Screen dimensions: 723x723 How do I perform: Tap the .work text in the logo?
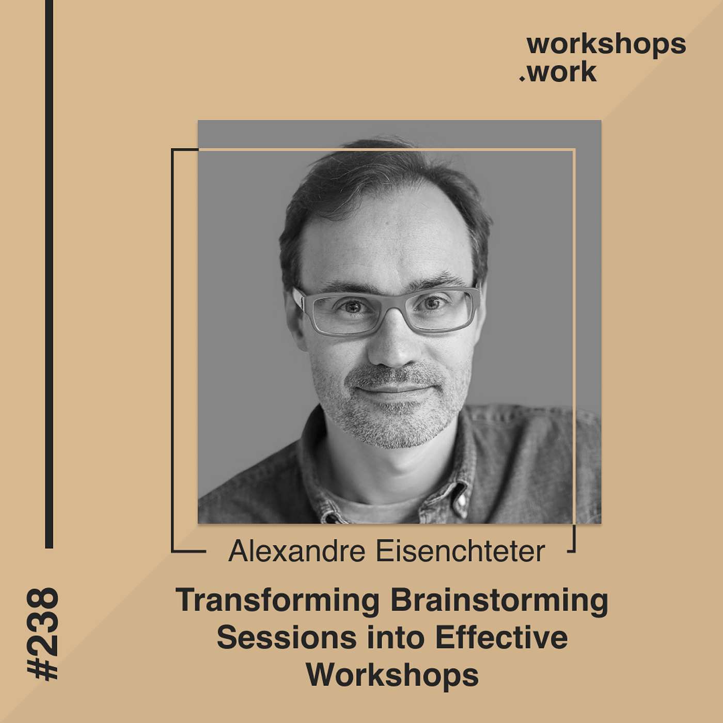tap(558, 72)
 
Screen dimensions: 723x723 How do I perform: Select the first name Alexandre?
tap(296, 551)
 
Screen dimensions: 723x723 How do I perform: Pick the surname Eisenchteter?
tap(460, 551)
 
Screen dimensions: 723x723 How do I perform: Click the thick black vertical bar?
tap(49, 274)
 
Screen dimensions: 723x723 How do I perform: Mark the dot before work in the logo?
tap(522, 79)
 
